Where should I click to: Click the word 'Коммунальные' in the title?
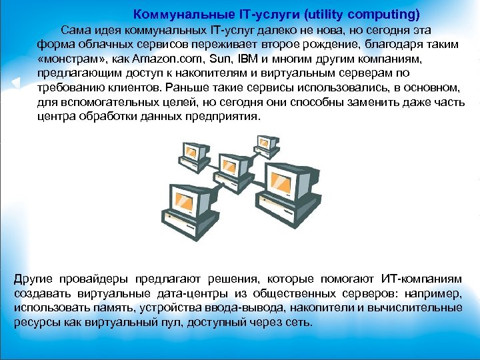point(175,13)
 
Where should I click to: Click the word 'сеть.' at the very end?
point(297,322)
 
